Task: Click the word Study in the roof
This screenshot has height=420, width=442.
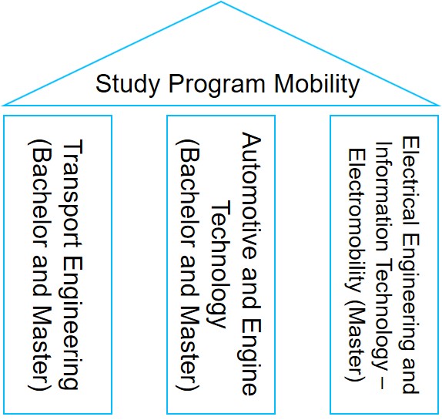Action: pos(128,84)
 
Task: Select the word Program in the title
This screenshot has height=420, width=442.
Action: pos(217,85)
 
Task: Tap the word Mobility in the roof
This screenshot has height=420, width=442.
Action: pos(316,84)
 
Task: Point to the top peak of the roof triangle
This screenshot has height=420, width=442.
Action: pos(221,2)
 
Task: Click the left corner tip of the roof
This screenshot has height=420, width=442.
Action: pos(3,106)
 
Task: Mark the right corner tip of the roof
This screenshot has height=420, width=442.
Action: pos(439,106)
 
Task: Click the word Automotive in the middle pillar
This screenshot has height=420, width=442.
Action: pos(251,196)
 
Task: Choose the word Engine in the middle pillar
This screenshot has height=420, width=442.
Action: pos(251,359)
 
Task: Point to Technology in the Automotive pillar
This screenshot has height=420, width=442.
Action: pos(220,264)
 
